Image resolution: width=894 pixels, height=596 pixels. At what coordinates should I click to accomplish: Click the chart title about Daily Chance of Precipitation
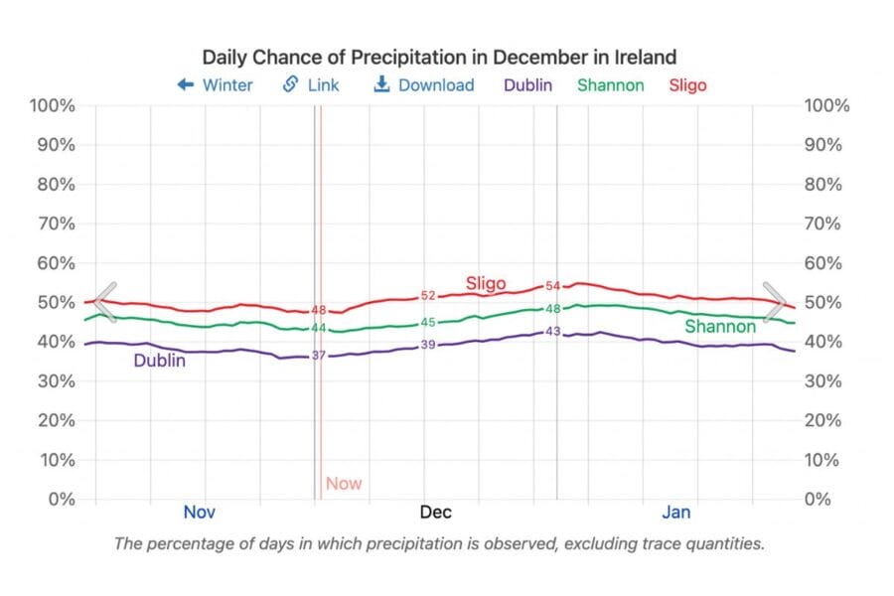pyautogui.click(x=439, y=57)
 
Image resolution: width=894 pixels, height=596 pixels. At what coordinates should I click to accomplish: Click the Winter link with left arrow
pyautogui.click(x=215, y=85)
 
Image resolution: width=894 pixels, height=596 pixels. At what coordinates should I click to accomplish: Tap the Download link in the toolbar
pyautogui.click(x=424, y=85)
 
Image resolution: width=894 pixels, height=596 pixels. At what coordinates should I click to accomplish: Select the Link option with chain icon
pyautogui.click(x=311, y=85)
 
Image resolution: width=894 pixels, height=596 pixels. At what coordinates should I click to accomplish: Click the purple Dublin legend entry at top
pyautogui.click(x=527, y=85)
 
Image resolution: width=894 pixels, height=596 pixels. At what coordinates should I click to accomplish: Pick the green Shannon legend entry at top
pyautogui.click(x=610, y=85)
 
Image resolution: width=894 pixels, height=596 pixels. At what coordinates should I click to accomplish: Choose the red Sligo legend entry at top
pyautogui.click(x=687, y=85)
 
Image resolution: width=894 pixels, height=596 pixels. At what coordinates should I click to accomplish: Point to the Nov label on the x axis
pyautogui.click(x=199, y=513)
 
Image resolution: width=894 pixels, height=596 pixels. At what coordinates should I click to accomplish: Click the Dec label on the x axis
pyautogui.click(x=435, y=513)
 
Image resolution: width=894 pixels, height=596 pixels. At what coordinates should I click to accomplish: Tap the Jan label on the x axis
pyautogui.click(x=676, y=513)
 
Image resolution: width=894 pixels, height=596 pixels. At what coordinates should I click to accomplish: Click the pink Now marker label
pyautogui.click(x=344, y=485)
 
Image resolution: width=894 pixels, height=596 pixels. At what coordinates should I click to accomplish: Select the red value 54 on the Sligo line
pyautogui.click(x=553, y=286)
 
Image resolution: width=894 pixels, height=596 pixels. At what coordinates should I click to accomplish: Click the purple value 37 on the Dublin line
pyautogui.click(x=319, y=355)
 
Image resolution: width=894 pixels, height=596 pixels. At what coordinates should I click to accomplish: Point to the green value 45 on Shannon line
pyautogui.click(x=428, y=323)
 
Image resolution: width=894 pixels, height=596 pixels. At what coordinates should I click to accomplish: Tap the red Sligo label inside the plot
pyautogui.click(x=486, y=284)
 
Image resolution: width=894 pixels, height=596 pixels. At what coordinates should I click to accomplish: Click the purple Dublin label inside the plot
pyautogui.click(x=160, y=362)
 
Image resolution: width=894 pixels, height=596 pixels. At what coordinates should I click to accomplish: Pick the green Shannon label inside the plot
pyautogui.click(x=720, y=327)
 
